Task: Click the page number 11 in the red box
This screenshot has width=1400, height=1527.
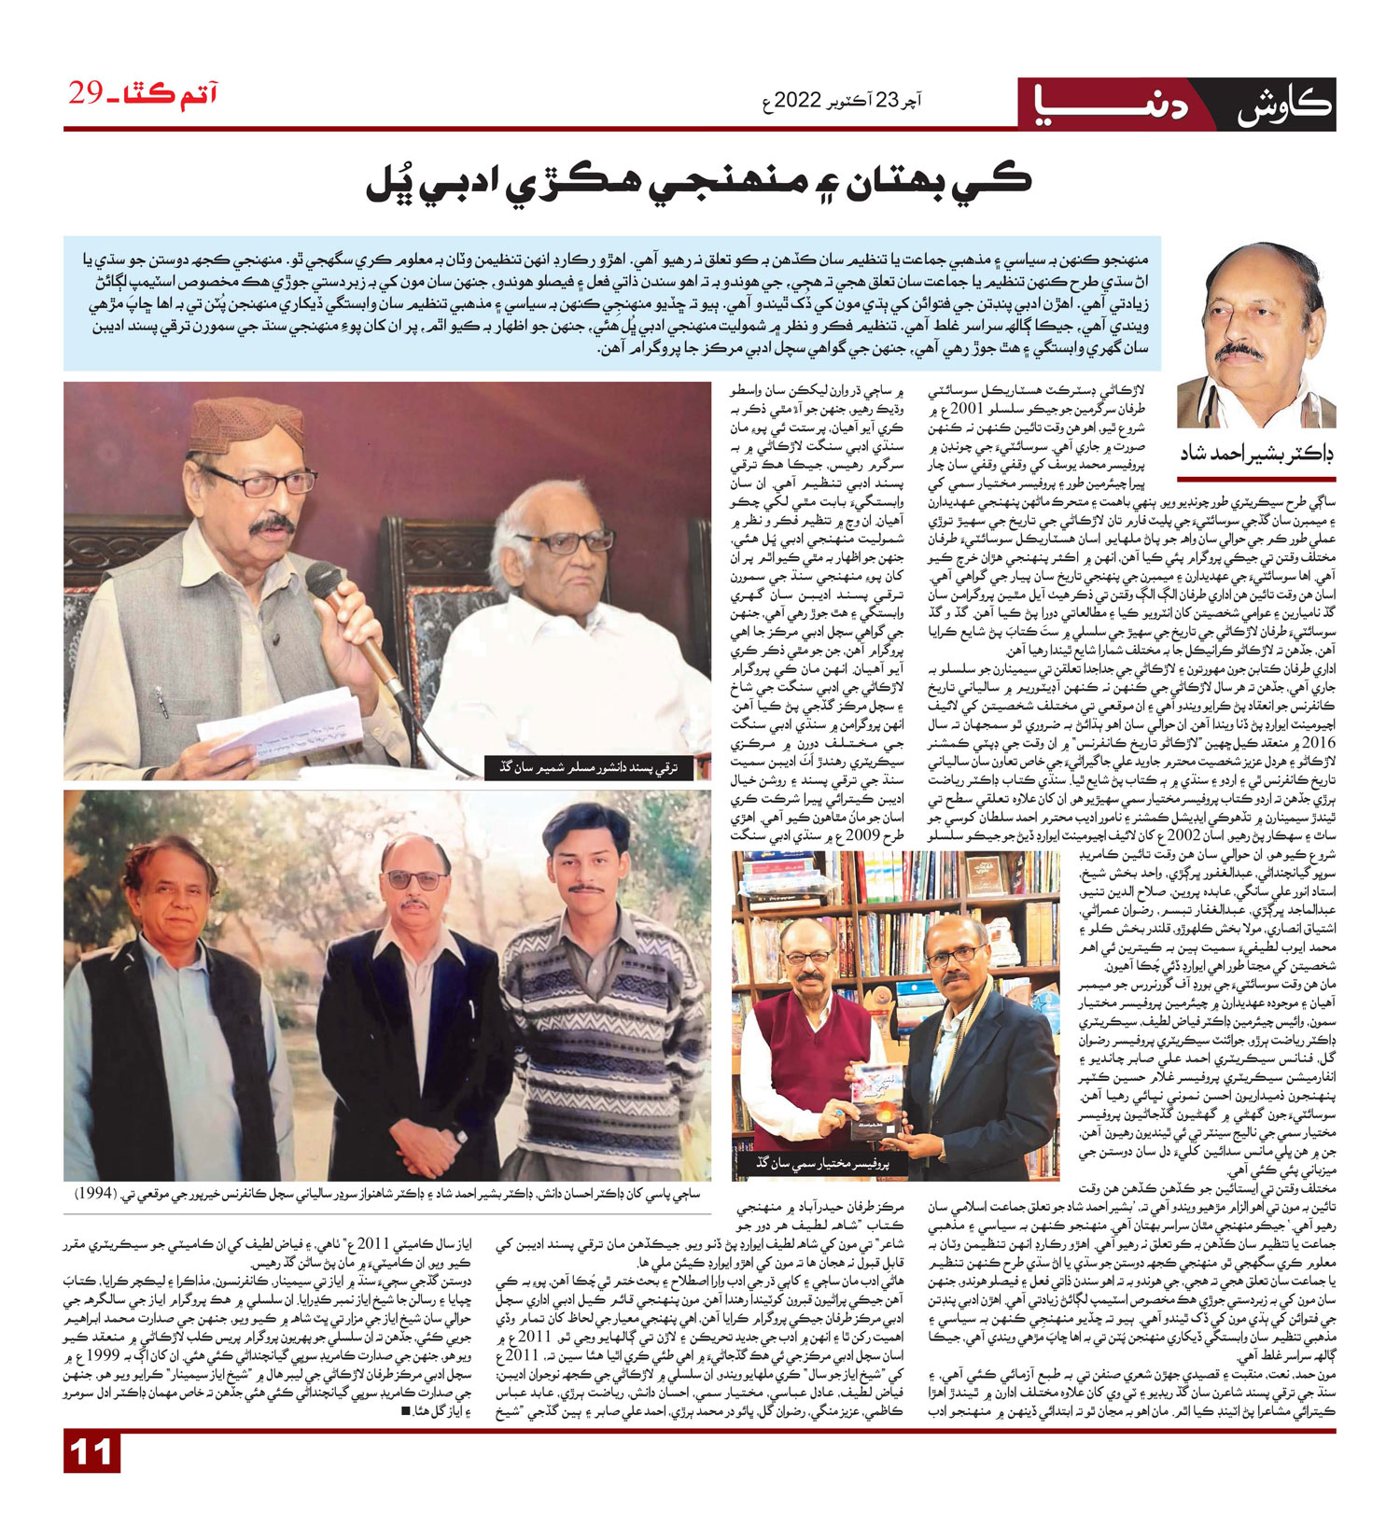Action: pos(91,1453)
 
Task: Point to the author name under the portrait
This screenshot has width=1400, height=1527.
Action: pos(1257,453)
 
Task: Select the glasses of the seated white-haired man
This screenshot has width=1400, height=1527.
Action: pos(564,541)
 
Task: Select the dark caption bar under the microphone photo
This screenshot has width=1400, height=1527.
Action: pos(597,767)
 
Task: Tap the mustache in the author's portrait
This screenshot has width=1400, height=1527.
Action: pos(1239,351)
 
